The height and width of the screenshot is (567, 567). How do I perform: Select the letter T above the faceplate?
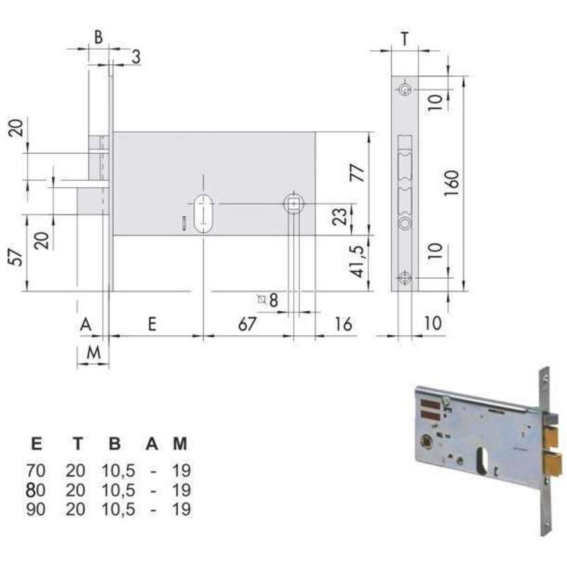click(x=403, y=38)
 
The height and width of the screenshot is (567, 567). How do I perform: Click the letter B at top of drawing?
click(x=99, y=38)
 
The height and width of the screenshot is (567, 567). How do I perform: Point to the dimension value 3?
click(x=135, y=57)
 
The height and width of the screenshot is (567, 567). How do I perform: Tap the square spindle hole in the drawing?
click(x=293, y=204)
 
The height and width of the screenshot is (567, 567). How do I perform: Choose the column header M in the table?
click(x=181, y=444)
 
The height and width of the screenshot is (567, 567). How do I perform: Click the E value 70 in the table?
click(x=35, y=470)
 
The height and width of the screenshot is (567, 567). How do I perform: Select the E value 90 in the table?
click(x=35, y=510)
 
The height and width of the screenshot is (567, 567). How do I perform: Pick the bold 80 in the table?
click(x=35, y=490)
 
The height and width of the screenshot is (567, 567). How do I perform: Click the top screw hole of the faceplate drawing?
click(x=405, y=89)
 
